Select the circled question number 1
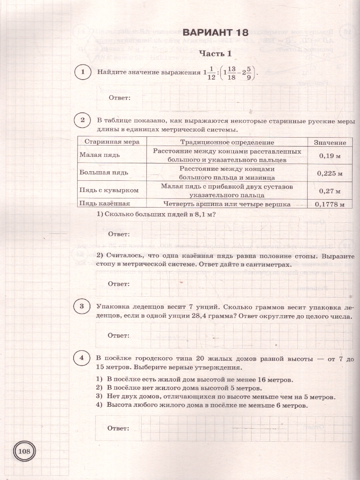[x=82, y=72]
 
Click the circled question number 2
[x=82, y=120]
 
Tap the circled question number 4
[x=82, y=358]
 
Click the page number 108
[x=24, y=452]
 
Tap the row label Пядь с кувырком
[x=109, y=190]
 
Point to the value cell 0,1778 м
[x=330, y=204]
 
